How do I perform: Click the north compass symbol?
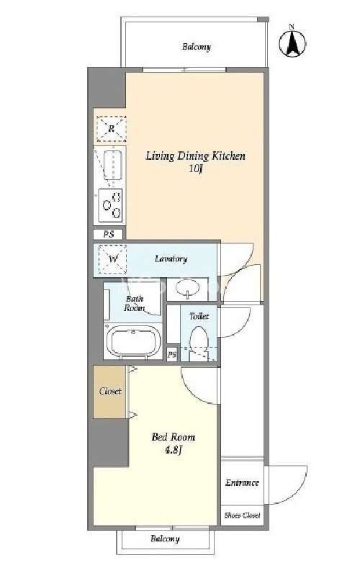tap(292, 42)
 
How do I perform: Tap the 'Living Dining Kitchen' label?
tap(195, 156)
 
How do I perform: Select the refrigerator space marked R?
tap(111, 129)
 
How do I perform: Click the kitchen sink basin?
tap(112, 165)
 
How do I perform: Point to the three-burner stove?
tap(110, 205)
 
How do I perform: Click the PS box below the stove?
tap(108, 234)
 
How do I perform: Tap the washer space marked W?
tap(112, 259)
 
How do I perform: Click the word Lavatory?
tap(171, 258)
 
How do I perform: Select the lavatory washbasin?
tap(187, 289)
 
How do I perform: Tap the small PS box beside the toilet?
tap(172, 355)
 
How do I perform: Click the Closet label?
tap(110, 391)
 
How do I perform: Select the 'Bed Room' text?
tap(173, 437)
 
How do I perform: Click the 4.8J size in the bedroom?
tap(173, 450)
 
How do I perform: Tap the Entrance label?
tap(242, 482)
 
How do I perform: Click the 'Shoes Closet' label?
tap(242, 515)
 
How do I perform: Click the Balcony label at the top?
tap(197, 47)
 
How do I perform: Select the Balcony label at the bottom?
tap(165, 538)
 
